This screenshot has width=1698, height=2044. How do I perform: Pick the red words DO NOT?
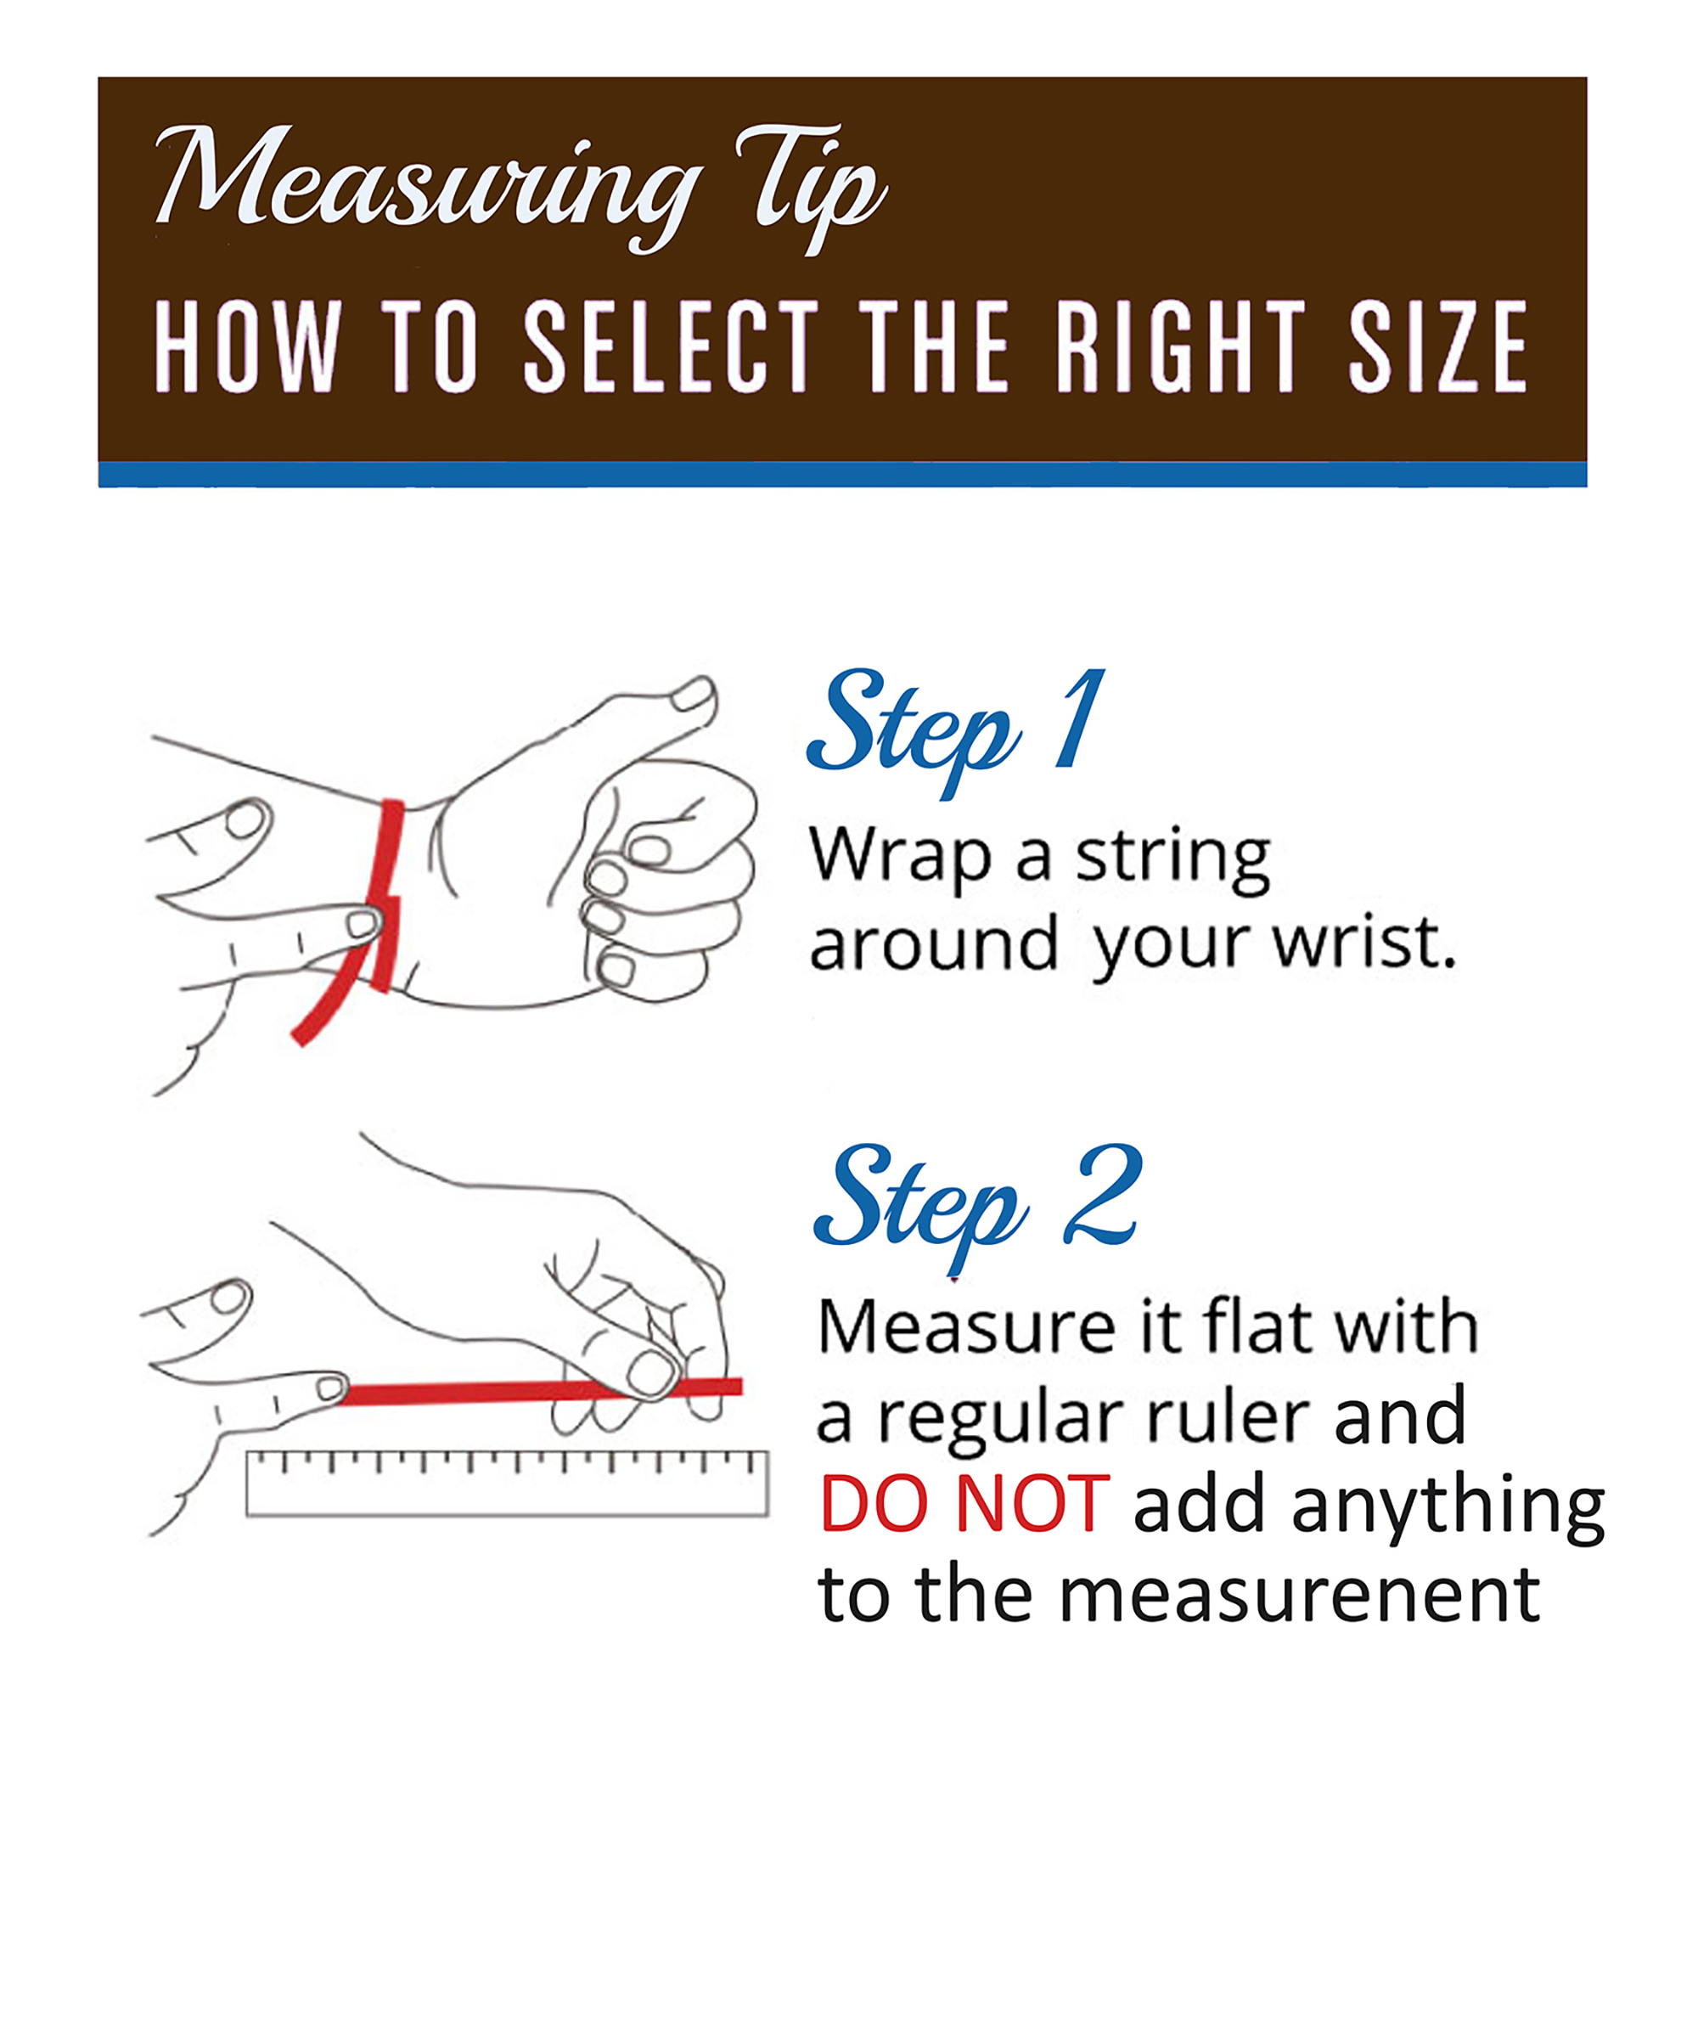pos(964,1504)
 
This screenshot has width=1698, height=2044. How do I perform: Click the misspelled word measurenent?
pos(1299,1596)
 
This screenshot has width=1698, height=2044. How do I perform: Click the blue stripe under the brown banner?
pos(843,474)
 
